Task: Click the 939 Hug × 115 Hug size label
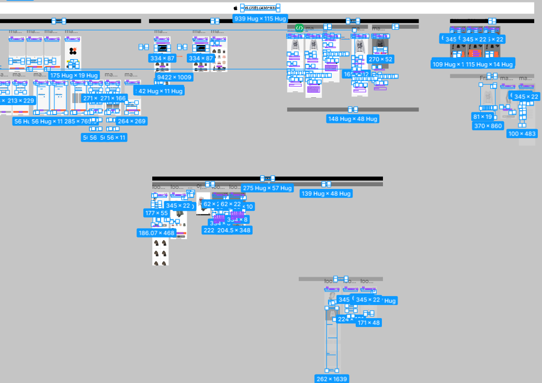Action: tap(261, 19)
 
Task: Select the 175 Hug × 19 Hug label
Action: tap(74, 75)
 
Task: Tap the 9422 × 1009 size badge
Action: tap(174, 77)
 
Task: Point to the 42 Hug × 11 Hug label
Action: tap(160, 91)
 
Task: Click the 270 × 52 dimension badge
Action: tap(381, 60)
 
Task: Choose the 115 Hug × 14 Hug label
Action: tap(490, 64)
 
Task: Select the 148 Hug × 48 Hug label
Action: tap(353, 119)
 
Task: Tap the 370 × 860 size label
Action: tap(488, 126)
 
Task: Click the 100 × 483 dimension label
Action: tap(522, 134)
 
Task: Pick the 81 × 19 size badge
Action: tap(482, 117)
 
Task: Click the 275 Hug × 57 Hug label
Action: tap(267, 188)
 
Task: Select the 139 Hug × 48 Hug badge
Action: tap(326, 194)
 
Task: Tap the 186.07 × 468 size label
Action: tap(156, 233)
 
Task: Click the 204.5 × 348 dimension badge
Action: tap(234, 230)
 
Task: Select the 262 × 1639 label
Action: tap(332, 379)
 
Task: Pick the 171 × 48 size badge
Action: tap(369, 323)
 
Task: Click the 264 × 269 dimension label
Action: tap(131, 121)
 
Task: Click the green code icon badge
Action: tap(299, 28)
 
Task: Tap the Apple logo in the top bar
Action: tap(236, 8)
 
